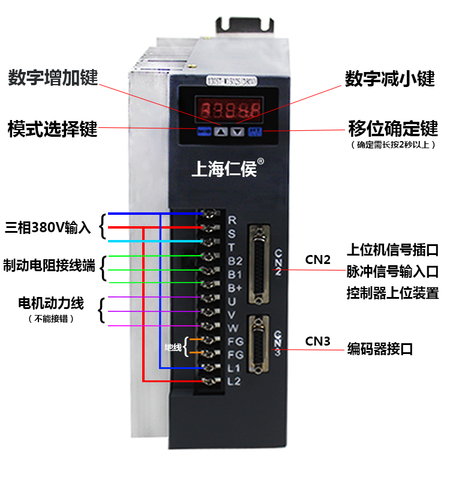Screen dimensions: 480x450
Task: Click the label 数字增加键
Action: [x=53, y=78]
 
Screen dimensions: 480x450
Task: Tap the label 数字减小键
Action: [x=389, y=79]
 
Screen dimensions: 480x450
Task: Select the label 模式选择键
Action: [x=52, y=128]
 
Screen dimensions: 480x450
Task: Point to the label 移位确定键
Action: [x=393, y=128]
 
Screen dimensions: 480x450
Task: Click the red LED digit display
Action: [x=230, y=110]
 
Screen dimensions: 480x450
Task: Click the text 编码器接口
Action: [x=380, y=349]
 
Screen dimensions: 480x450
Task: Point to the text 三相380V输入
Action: [x=47, y=228]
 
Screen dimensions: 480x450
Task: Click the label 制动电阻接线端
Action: [x=49, y=266]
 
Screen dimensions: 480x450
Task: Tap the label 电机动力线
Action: [x=51, y=304]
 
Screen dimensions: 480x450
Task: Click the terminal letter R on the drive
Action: [x=232, y=220]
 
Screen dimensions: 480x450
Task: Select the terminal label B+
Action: [x=235, y=287]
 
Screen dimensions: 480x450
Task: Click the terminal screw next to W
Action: [x=210, y=326]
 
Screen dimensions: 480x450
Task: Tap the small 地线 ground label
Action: [x=173, y=347]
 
